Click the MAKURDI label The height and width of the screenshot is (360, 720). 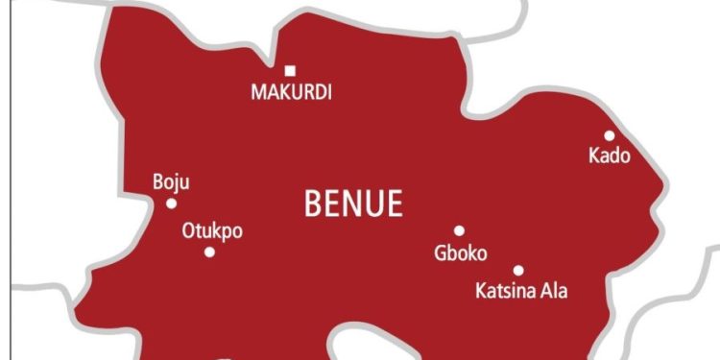coord(290,93)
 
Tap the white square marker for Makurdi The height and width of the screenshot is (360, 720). coord(290,70)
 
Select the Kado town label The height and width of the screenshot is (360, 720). coord(610,156)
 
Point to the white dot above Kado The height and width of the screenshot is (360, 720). coord(610,135)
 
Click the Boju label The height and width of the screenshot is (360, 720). coord(172,182)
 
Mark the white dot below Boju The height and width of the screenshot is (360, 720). coord(172,203)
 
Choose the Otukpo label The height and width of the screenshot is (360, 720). coord(212,231)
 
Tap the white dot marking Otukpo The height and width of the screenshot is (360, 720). coord(209,252)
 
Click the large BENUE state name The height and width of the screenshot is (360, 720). coord(354,204)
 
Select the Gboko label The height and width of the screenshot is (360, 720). coord(461,253)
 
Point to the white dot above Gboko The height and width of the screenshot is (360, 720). coord(459,230)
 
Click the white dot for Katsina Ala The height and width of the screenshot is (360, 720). coord(518,271)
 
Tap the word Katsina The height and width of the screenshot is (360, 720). coord(505,290)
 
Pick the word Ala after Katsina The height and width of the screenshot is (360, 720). coord(554,290)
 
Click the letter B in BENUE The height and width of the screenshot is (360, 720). coord(312,204)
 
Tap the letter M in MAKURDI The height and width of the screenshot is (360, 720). coord(257,93)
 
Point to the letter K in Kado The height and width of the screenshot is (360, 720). coord(594,156)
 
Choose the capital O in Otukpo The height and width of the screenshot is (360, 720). coord(189,231)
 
